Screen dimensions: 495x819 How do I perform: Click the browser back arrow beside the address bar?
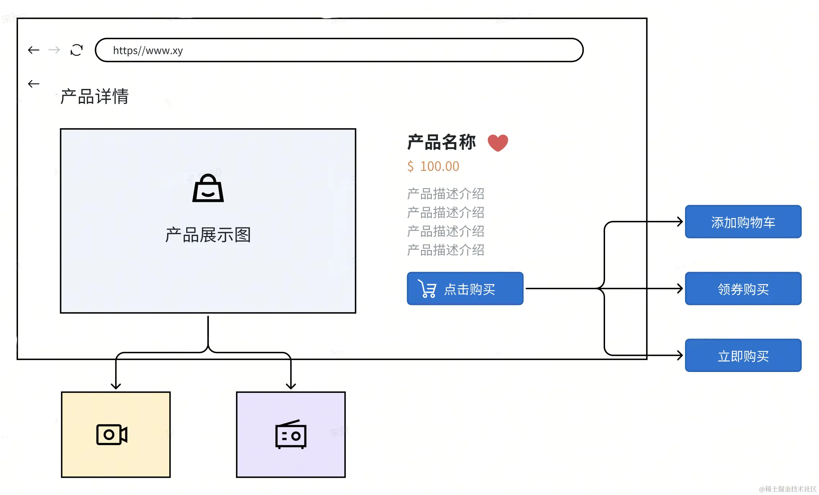point(33,50)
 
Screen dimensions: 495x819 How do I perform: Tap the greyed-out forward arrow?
point(54,50)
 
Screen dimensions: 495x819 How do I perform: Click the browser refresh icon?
point(77,50)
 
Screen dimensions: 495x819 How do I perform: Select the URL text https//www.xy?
point(148,50)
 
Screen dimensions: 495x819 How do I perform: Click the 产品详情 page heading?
point(94,96)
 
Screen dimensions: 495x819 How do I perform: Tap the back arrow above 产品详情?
point(33,84)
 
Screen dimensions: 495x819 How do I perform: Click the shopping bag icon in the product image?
point(208,188)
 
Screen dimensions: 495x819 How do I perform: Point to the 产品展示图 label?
point(208,235)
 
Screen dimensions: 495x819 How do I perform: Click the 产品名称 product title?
point(442,142)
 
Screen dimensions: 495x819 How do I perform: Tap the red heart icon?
point(498,143)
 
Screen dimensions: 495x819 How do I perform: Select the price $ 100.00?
point(433,166)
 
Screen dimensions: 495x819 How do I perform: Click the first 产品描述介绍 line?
point(446,194)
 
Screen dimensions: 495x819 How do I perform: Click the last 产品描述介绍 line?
point(446,250)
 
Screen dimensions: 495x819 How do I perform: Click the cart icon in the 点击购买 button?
point(428,289)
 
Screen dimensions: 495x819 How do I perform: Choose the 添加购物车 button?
point(743,222)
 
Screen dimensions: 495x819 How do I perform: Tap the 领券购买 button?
point(743,289)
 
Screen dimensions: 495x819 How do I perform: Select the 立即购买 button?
point(743,356)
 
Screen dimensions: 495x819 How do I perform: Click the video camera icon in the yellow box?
point(112,435)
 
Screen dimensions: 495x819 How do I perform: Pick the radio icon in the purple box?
point(291,435)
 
